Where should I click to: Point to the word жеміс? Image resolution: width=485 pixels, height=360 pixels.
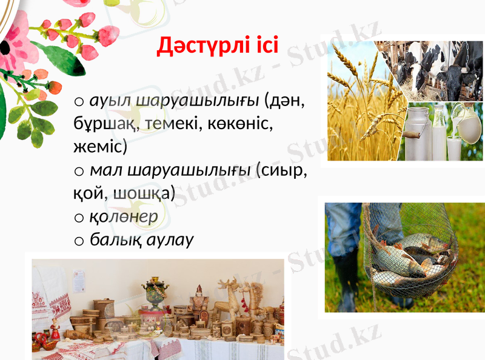pos(97,147)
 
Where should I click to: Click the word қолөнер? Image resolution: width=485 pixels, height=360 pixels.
pos(124,216)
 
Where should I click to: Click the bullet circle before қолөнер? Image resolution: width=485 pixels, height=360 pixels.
pos(79,217)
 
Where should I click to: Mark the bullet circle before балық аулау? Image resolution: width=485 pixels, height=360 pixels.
pos(79,241)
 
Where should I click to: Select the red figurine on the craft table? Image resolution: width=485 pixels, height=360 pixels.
pos(55,328)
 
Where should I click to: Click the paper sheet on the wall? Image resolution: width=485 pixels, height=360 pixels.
pos(79,281)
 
